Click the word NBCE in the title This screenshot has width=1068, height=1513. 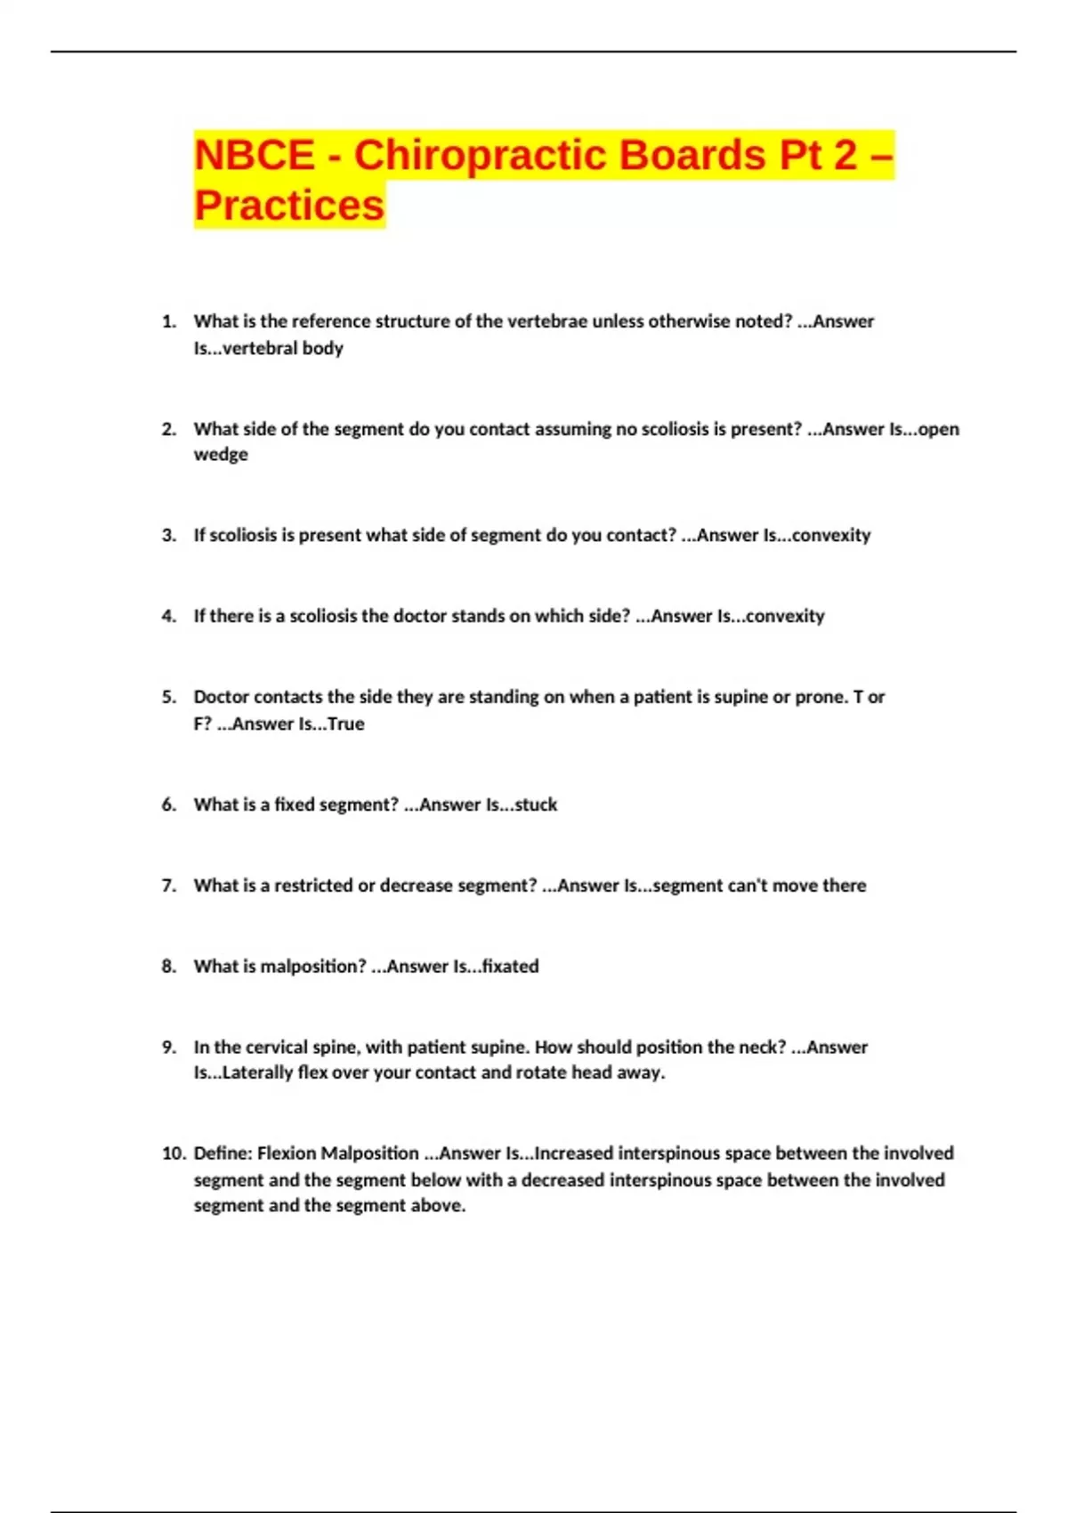point(255,155)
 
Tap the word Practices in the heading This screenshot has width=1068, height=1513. point(289,206)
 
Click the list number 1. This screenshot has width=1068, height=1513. point(168,321)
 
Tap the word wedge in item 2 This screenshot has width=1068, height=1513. point(221,455)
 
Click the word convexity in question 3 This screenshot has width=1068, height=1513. point(830,535)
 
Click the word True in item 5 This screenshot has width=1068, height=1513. point(345,724)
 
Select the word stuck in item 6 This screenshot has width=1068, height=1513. point(536,805)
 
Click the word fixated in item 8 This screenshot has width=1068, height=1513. point(510,967)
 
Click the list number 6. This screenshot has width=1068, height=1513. point(168,805)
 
